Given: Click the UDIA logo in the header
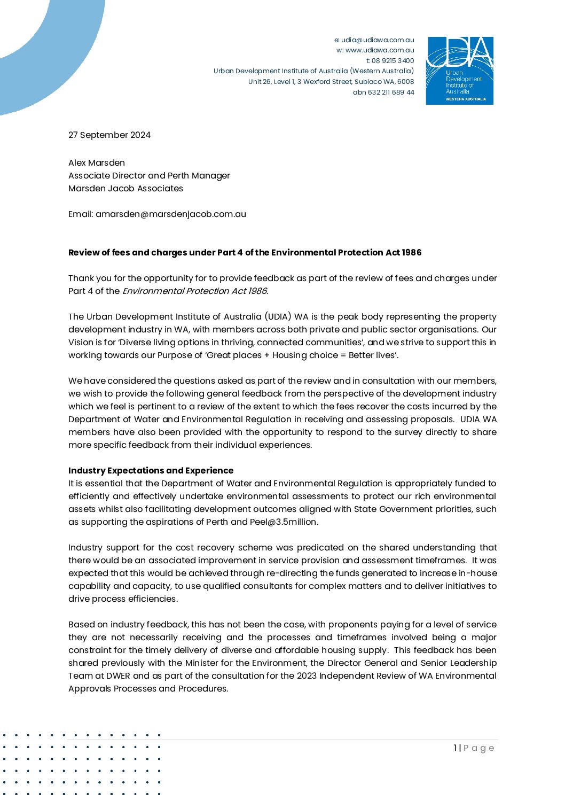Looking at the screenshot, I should (459, 71).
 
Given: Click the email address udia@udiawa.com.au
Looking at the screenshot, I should (378, 40).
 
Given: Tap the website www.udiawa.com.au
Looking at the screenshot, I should (379, 50).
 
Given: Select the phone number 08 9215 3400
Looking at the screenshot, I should (393, 60).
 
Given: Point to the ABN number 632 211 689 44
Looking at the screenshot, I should (391, 92).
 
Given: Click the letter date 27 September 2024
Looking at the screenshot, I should (109, 135).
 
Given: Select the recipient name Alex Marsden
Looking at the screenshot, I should (97, 162).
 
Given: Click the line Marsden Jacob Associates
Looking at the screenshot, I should (125, 188).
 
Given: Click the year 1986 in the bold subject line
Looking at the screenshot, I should (411, 252).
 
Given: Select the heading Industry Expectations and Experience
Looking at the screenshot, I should (151, 470).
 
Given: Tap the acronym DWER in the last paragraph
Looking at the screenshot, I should (118, 675).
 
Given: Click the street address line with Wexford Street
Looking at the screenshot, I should (331, 82).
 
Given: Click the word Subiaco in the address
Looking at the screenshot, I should (368, 82).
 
